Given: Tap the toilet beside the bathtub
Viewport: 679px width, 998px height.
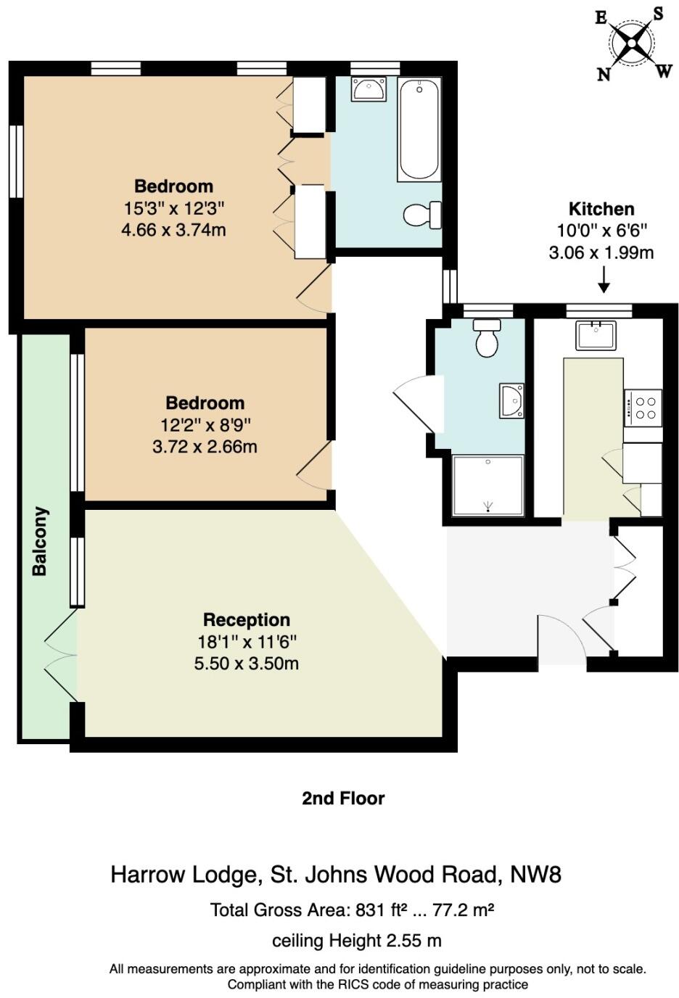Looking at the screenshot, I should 421,215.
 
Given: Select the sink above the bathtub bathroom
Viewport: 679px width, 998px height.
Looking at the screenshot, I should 369,90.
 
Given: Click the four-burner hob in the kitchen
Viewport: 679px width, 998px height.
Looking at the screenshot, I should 643,408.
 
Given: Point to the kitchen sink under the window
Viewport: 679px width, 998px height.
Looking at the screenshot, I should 596,335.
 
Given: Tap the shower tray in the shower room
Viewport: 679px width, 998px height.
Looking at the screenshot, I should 487,485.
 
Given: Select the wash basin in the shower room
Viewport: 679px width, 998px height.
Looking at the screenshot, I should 511,401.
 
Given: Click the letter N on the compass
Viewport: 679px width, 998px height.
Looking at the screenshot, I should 604,74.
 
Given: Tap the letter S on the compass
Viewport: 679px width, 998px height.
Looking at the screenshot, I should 658,14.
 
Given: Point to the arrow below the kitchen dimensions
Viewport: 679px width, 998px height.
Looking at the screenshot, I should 603,279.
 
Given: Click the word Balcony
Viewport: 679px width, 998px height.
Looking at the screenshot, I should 40,541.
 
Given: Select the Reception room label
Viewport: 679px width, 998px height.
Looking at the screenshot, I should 246,620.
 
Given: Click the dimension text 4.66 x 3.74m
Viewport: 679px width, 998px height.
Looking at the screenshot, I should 173,230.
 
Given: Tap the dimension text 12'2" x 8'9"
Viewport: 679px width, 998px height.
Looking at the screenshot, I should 205,425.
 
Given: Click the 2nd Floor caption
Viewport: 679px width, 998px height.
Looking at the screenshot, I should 343,799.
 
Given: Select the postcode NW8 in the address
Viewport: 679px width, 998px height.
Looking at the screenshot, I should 535,875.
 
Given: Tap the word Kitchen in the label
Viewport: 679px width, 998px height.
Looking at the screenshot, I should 601,209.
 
